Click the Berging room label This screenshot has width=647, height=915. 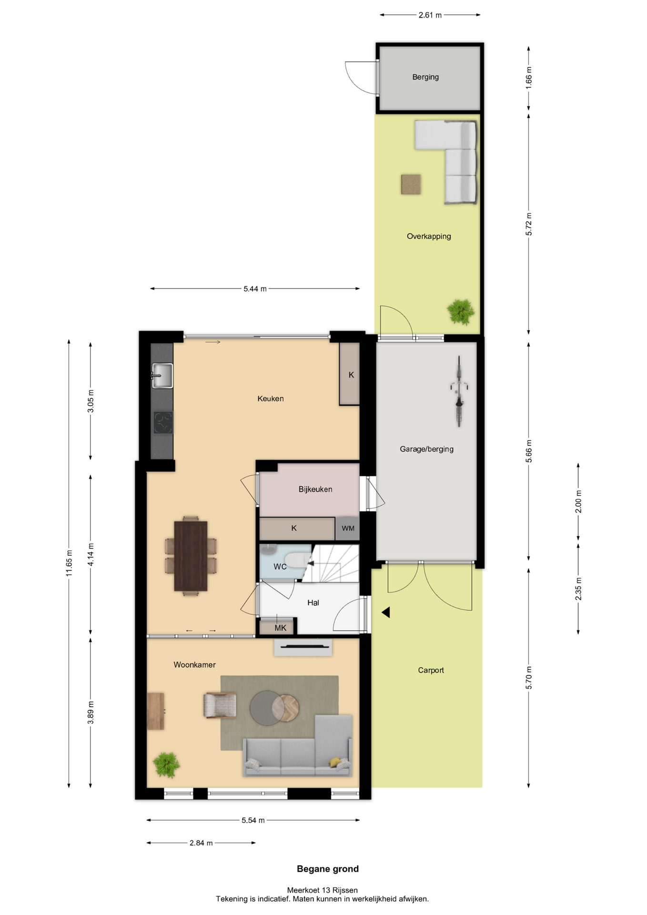[x=425, y=77]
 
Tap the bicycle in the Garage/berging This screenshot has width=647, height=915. [x=459, y=391]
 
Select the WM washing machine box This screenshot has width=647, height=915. [x=348, y=528]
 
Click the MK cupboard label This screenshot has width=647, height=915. [x=281, y=628]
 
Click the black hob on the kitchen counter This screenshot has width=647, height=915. [x=163, y=423]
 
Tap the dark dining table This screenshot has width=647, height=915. [x=191, y=556]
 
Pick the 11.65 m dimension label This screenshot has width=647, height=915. [x=70, y=563]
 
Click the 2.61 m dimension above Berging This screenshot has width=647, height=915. [x=430, y=15]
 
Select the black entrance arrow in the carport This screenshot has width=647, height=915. [x=386, y=612]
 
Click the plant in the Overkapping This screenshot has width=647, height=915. [x=461, y=311]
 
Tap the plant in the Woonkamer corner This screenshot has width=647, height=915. [x=166, y=764]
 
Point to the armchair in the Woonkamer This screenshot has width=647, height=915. [x=220, y=705]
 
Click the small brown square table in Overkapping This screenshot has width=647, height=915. [x=411, y=184]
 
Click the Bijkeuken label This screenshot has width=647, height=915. [x=315, y=489]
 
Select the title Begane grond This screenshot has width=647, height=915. [x=328, y=869]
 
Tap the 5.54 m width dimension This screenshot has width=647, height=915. [x=253, y=820]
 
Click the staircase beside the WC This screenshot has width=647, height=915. [x=331, y=563]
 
